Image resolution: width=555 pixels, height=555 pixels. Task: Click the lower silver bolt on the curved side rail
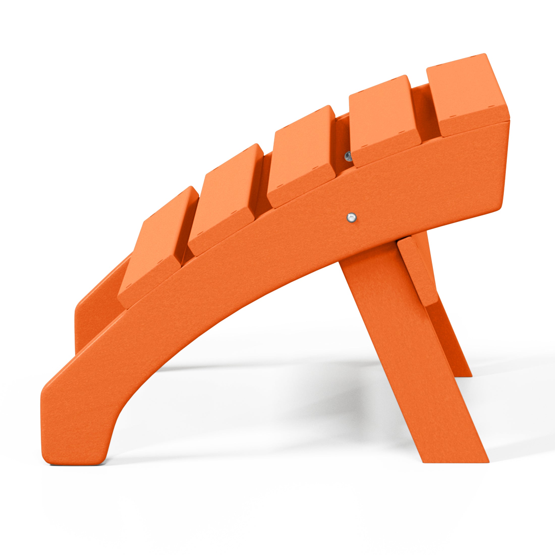click(x=351, y=217)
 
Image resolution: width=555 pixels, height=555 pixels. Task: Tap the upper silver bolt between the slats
click(x=348, y=156)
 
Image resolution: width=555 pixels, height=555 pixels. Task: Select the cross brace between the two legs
click(x=418, y=273)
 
